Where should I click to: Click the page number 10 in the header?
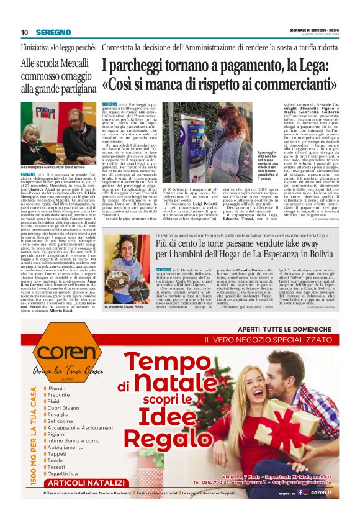pyautogui.click(x=25, y=32)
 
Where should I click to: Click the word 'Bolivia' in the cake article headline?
pyautogui.click(x=316, y=255)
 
